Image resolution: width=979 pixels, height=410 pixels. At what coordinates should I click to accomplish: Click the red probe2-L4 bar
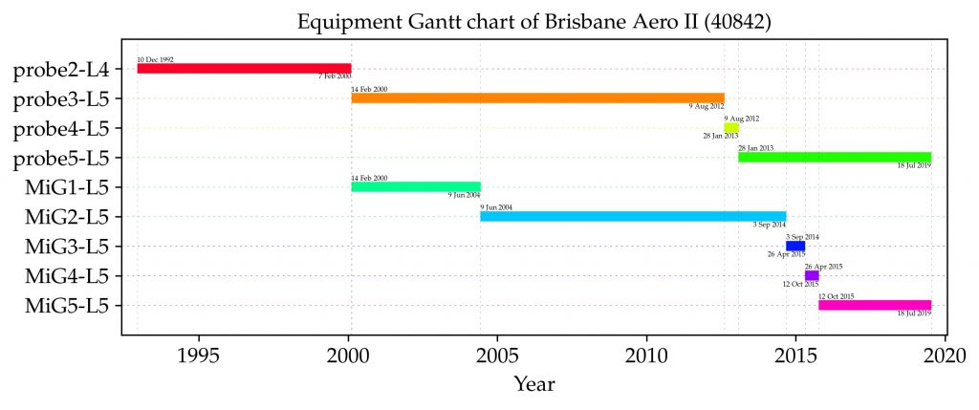click(244, 69)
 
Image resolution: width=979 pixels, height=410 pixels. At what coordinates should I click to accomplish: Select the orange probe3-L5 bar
click(537, 97)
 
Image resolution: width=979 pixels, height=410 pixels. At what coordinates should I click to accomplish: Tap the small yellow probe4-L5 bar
click(731, 127)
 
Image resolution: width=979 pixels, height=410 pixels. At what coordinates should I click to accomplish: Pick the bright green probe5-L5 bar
click(835, 157)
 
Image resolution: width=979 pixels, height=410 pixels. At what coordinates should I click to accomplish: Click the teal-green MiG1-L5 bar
click(416, 187)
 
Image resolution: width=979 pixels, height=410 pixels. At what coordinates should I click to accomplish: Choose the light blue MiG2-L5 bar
click(633, 217)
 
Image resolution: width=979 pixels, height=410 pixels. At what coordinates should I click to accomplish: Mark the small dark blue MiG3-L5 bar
click(795, 247)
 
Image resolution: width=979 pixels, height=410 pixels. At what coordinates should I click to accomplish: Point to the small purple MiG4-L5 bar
click(812, 276)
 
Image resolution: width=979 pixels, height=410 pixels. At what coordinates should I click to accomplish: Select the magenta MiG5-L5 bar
click(875, 306)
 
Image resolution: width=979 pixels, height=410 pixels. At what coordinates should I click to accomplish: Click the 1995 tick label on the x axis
click(199, 356)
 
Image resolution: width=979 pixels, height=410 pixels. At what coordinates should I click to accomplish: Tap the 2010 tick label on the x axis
click(647, 356)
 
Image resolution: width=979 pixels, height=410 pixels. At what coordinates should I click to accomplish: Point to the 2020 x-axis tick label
click(946, 356)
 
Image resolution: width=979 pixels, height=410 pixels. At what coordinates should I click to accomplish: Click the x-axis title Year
click(534, 385)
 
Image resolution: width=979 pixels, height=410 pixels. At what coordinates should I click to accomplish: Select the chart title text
click(534, 21)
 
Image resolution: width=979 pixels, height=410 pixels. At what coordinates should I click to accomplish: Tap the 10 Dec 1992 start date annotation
click(155, 59)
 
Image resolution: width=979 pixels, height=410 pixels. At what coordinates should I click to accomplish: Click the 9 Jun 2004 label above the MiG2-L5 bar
click(496, 207)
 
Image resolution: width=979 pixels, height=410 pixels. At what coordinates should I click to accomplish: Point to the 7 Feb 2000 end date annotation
click(335, 76)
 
